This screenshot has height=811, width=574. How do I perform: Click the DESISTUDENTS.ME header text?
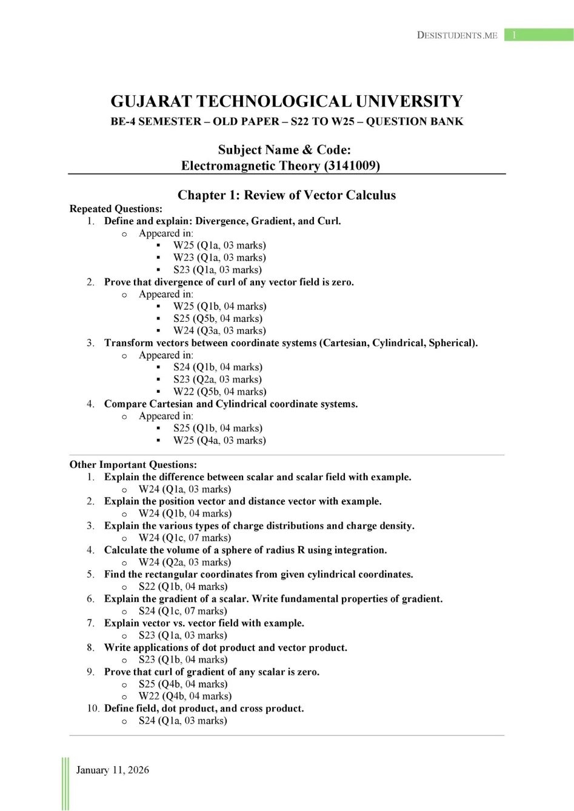[457, 35]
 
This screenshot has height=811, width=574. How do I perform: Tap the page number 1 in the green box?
[514, 35]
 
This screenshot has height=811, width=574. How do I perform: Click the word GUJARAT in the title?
[151, 101]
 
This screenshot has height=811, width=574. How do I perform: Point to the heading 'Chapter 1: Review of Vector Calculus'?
[287, 195]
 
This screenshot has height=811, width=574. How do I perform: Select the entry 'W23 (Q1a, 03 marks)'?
[219, 258]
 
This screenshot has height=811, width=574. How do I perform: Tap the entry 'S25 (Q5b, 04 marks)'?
[218, 318]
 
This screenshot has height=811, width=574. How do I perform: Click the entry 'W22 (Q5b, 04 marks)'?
[219, 392]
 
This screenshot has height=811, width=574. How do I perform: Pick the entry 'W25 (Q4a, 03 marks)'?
[219, 440]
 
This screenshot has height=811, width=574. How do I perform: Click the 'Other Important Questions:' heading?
[133, 465]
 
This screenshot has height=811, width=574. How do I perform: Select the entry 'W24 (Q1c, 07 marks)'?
[185, 538]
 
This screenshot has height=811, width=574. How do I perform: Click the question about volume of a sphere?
[245, 550]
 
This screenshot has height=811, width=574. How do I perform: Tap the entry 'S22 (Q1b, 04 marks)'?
[183, 587]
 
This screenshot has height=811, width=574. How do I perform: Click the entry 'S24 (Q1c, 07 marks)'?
[183, 611]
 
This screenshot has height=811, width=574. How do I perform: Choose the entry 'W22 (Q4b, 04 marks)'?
[185, 696]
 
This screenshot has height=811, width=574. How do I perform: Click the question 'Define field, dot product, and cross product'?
[204, 708]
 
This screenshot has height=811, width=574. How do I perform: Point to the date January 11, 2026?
[113, 770]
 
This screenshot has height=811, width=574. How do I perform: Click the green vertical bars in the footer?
[65, 783]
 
